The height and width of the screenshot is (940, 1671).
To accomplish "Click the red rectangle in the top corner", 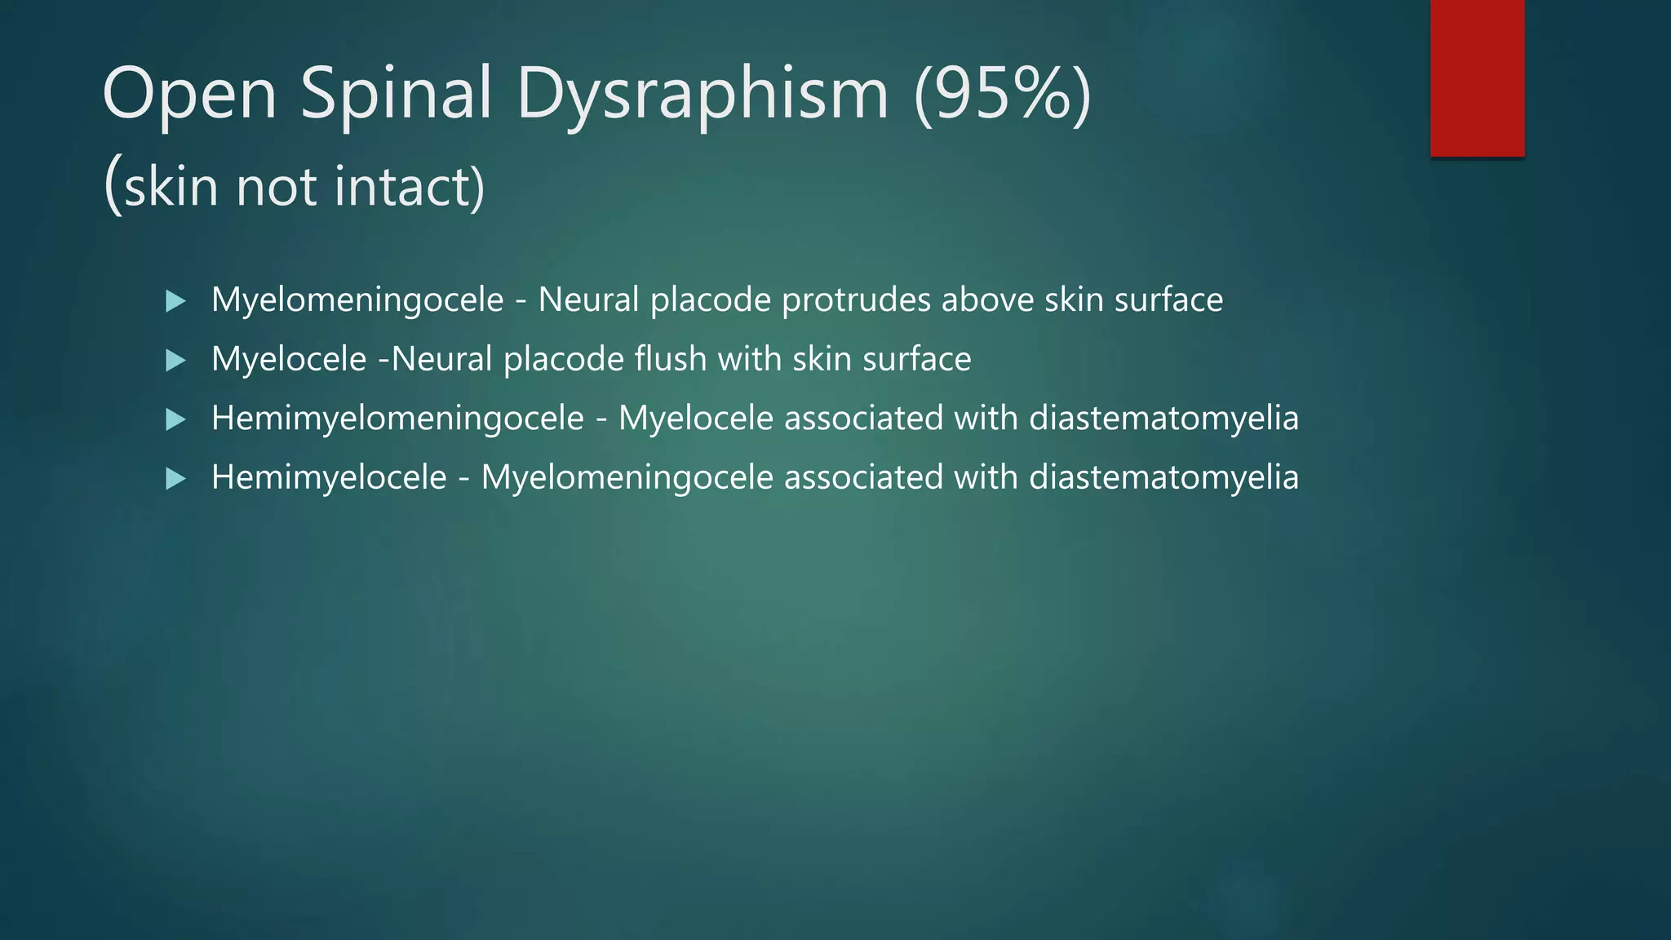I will tap(1477, 78).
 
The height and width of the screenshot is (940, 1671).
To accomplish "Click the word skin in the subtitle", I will tap(171, 187).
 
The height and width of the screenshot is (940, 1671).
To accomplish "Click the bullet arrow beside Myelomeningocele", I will tap(175, 301).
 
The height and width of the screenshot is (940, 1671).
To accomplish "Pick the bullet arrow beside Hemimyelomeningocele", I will tap(175, 419).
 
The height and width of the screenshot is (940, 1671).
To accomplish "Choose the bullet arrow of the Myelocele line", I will tap(175, 360).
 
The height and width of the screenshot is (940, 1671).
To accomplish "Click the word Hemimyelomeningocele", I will tap(397, 419).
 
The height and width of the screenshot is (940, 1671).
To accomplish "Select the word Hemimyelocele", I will tap(329, 477).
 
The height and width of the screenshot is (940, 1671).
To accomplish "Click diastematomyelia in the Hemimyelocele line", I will tap(1163, 477).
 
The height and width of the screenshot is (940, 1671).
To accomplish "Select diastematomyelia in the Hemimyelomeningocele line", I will tap(1163, 419).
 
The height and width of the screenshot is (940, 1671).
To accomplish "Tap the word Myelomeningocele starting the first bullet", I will tap(357, 300).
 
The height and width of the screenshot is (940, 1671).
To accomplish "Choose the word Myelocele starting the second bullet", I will tap(289, 359).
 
